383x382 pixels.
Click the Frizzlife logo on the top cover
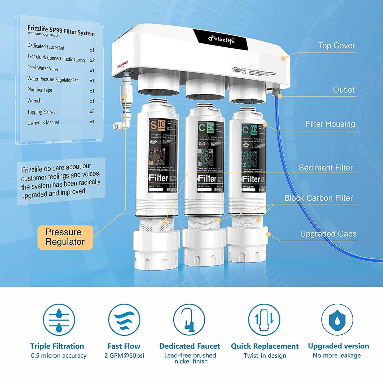(x=221, y=40)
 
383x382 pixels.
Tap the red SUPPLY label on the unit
(x=122, y=65)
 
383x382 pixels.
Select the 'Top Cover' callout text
(x=336, y=46)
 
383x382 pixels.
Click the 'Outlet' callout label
(x=344, y=90)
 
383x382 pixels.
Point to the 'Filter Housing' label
(x=330, y=124)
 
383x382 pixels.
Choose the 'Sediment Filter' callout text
(x=325, y=168)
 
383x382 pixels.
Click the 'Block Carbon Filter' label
(x=318, y=198)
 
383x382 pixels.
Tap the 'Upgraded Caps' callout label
(x=328, y=234)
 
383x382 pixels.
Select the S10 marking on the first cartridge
(x=157, y=125)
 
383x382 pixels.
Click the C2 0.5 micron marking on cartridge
(x=249, y=129)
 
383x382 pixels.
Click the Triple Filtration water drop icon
(x=59, y=320)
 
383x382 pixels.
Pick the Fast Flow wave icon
(x=124, y=320)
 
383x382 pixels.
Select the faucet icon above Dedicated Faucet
(x=189, y=320)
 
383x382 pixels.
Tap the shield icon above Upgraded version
(x=337, y=320)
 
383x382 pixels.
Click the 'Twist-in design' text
(x=265, y=356)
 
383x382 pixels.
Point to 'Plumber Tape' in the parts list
(x=40, y=90)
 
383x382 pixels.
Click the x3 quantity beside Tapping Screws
(x=92, y=111)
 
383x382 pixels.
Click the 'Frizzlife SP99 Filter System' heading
(x=61, y=30)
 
